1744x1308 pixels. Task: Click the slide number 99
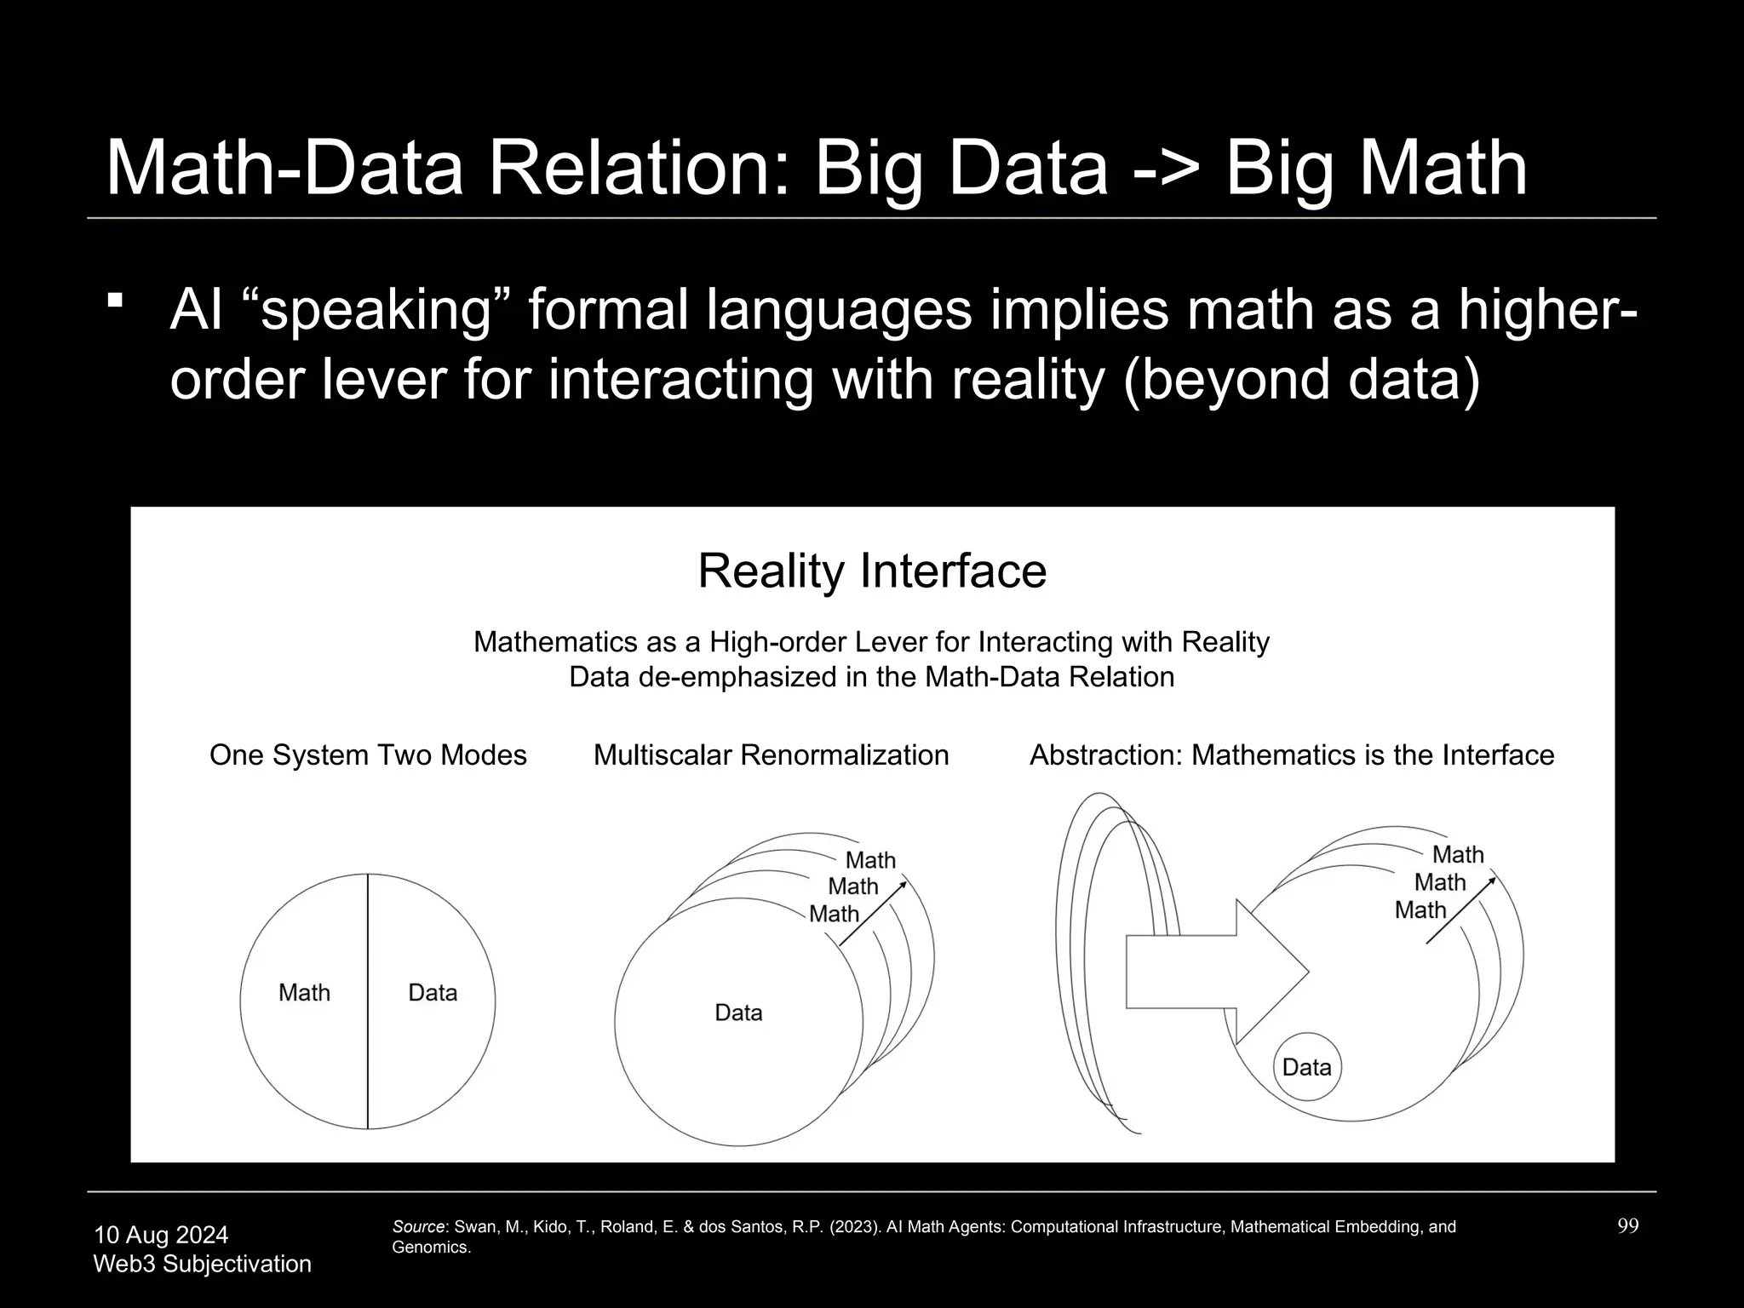coord(1627,1226)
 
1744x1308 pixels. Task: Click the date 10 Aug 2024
coord(161,1235)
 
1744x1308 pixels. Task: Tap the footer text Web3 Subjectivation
coord(202,1264)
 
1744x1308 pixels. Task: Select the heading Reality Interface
coord(872,571)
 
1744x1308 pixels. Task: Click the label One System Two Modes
coord(368,755)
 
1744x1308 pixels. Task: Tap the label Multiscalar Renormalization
coord(771,755)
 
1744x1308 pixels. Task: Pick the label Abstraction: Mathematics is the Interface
coord(1292,755)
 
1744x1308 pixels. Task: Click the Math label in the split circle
coord(304,993)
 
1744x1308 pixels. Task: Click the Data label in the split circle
coord(433,993)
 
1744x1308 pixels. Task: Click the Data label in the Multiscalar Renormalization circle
coord(738,1013)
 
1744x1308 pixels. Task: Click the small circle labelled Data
coord(1306,1067)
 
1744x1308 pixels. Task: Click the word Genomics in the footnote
coord(430,1248)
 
